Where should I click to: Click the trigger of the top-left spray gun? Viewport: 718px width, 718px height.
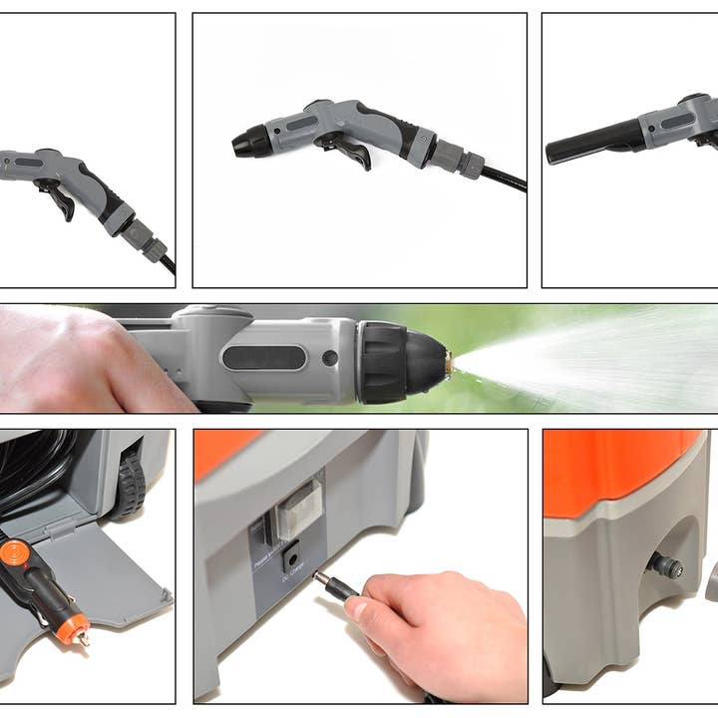[x=58, y=197]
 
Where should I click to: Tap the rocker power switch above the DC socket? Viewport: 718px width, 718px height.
[x=297, y=510]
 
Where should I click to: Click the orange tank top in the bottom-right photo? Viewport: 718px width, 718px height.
[x=623, y=469]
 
